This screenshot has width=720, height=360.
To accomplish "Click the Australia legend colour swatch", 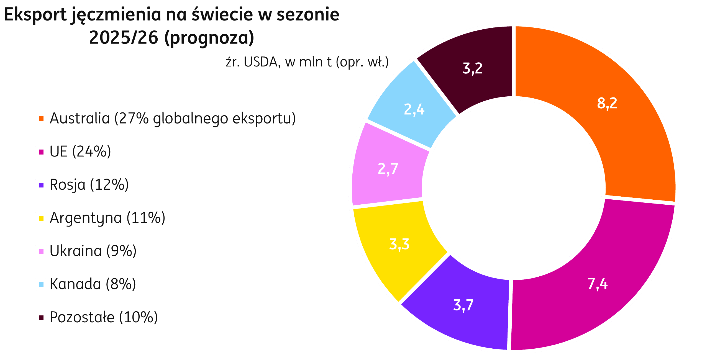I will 41,119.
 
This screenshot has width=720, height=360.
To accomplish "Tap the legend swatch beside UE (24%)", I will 41,152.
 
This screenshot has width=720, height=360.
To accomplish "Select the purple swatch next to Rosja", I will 41,185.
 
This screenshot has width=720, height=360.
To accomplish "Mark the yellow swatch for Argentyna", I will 41,218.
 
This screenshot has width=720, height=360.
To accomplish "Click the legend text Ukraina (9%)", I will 93,251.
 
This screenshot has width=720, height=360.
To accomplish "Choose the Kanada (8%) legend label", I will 93,284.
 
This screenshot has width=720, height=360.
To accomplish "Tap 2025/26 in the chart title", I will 124,38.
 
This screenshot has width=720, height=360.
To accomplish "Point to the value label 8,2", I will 607,103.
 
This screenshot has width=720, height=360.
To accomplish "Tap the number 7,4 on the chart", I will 598,284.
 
